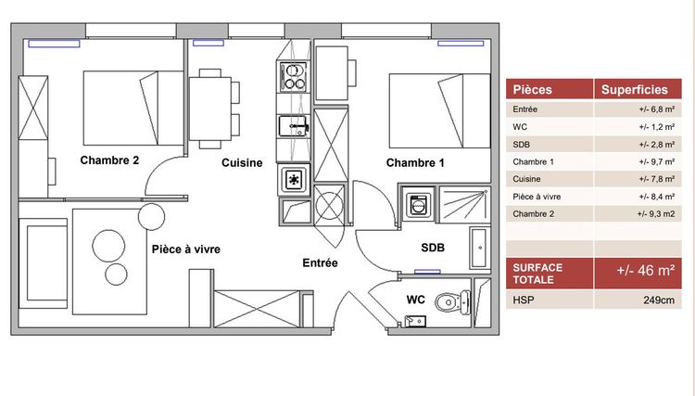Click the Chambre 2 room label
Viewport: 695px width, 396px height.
tap(109, 160)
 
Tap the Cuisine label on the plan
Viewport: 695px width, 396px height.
tap(241, 163)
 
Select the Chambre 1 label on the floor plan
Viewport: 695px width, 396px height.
tap(415, 163)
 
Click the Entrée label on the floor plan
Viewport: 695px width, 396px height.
tap(320, 263)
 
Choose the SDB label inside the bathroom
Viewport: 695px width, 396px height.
tap(434, 248)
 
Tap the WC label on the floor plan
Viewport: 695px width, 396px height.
tap(416, 300)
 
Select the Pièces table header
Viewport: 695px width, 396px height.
tap(532, 90)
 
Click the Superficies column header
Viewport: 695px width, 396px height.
tap(635, 90)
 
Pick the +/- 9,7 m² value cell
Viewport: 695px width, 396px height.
tap(653, 162)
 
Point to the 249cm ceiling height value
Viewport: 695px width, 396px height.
tap(654, 300)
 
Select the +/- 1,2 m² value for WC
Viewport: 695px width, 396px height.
tap(653, 127)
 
